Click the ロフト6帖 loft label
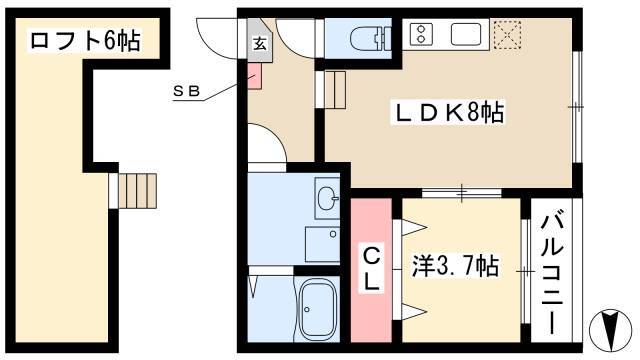click(x=85, y=41)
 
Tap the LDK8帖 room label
click(x=447, y=112)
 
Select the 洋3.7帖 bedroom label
click(x=455, y=266)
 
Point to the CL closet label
click(x=371, y=268)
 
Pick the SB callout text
click(x=187, y=91)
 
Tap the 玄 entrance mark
click(x=260, y=43)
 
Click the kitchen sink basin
click(x=466, y=34)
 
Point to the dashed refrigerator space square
click(x=507, y=35)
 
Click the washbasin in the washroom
click(x=327, y=198)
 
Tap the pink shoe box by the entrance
click(x=255, y=76)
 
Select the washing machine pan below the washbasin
click(x=322, y=244)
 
